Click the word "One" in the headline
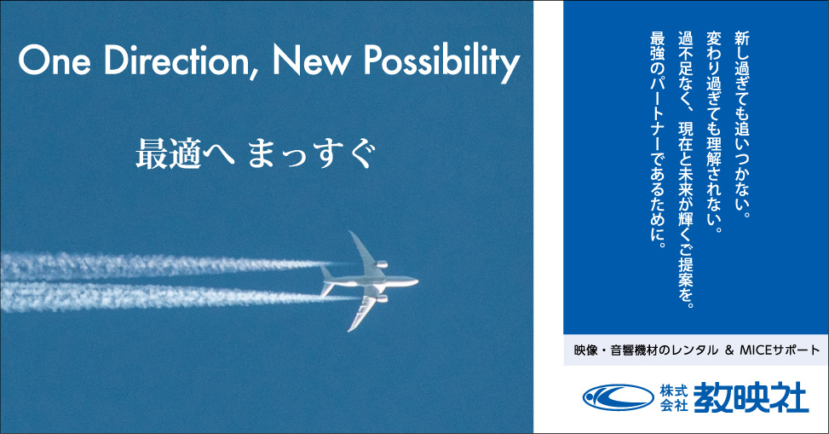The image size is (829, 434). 55,60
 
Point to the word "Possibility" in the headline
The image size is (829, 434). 441,62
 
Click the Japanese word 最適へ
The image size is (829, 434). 185,154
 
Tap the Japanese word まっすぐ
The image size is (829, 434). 313,154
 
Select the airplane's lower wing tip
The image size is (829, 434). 350,329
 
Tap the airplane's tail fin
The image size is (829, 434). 325,272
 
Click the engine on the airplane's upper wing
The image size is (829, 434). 382,264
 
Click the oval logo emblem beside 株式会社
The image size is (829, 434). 618,397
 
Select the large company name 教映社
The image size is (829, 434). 751,397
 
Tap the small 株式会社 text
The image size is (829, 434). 674,398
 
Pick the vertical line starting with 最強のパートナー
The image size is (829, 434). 657,140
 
